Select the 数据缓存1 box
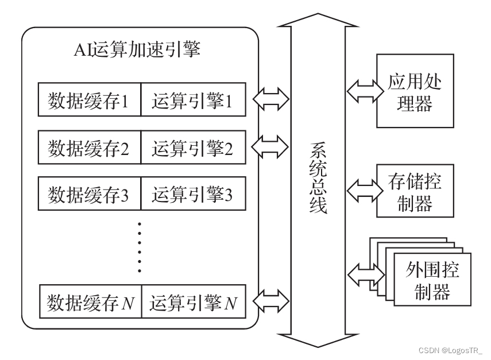click(x=90, y=101)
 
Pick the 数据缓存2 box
click(x=90, y=148)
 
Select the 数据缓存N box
click(x=90, y=301)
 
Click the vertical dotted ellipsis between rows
click(x=140, y=247)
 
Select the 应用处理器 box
click(x=414, y=91)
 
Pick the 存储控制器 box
click(x=414, y=191)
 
